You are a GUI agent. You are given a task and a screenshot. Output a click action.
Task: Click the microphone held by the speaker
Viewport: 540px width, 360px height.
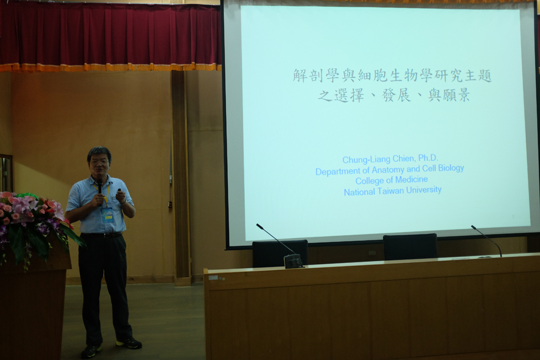point(100,188)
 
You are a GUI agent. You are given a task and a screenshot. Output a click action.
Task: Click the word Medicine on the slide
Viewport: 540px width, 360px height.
point(411,180)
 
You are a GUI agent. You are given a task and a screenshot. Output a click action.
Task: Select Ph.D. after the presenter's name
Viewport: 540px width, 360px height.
point(428,158)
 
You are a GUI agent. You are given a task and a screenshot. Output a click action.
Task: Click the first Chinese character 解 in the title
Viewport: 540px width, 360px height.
point(300,76)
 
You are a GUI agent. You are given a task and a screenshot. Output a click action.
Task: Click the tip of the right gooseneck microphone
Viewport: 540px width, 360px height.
point(473,227)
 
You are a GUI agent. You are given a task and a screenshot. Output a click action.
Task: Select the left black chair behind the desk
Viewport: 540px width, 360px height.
point(280,253)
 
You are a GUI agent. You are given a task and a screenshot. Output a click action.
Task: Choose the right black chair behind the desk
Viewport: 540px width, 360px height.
point(410,246)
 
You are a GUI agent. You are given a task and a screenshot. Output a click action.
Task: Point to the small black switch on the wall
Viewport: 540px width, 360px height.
point(170,205)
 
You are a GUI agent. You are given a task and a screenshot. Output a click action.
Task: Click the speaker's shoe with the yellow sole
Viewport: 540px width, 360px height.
point(129,342)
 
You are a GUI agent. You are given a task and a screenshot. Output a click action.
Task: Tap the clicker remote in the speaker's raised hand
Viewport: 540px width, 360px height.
point(119,190)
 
